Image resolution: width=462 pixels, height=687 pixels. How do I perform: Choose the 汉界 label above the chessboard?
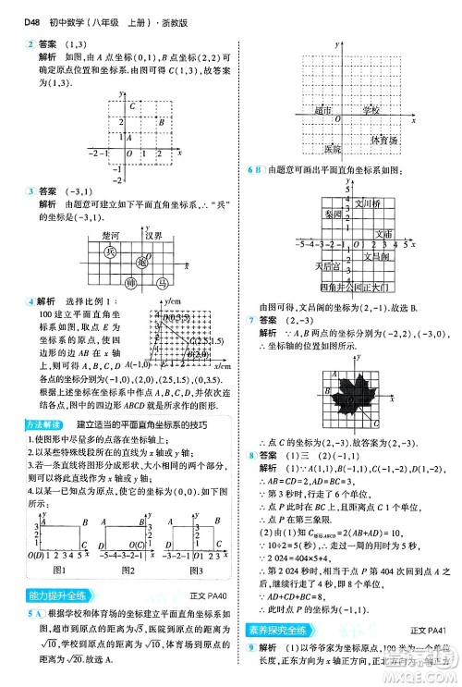pyautogui.click(x=153, y=236)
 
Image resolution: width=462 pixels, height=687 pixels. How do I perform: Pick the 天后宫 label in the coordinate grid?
pyautogui.click(x=329, y=266)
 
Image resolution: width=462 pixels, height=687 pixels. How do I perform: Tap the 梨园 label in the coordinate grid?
pyautogui.click(x=334, y=214)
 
